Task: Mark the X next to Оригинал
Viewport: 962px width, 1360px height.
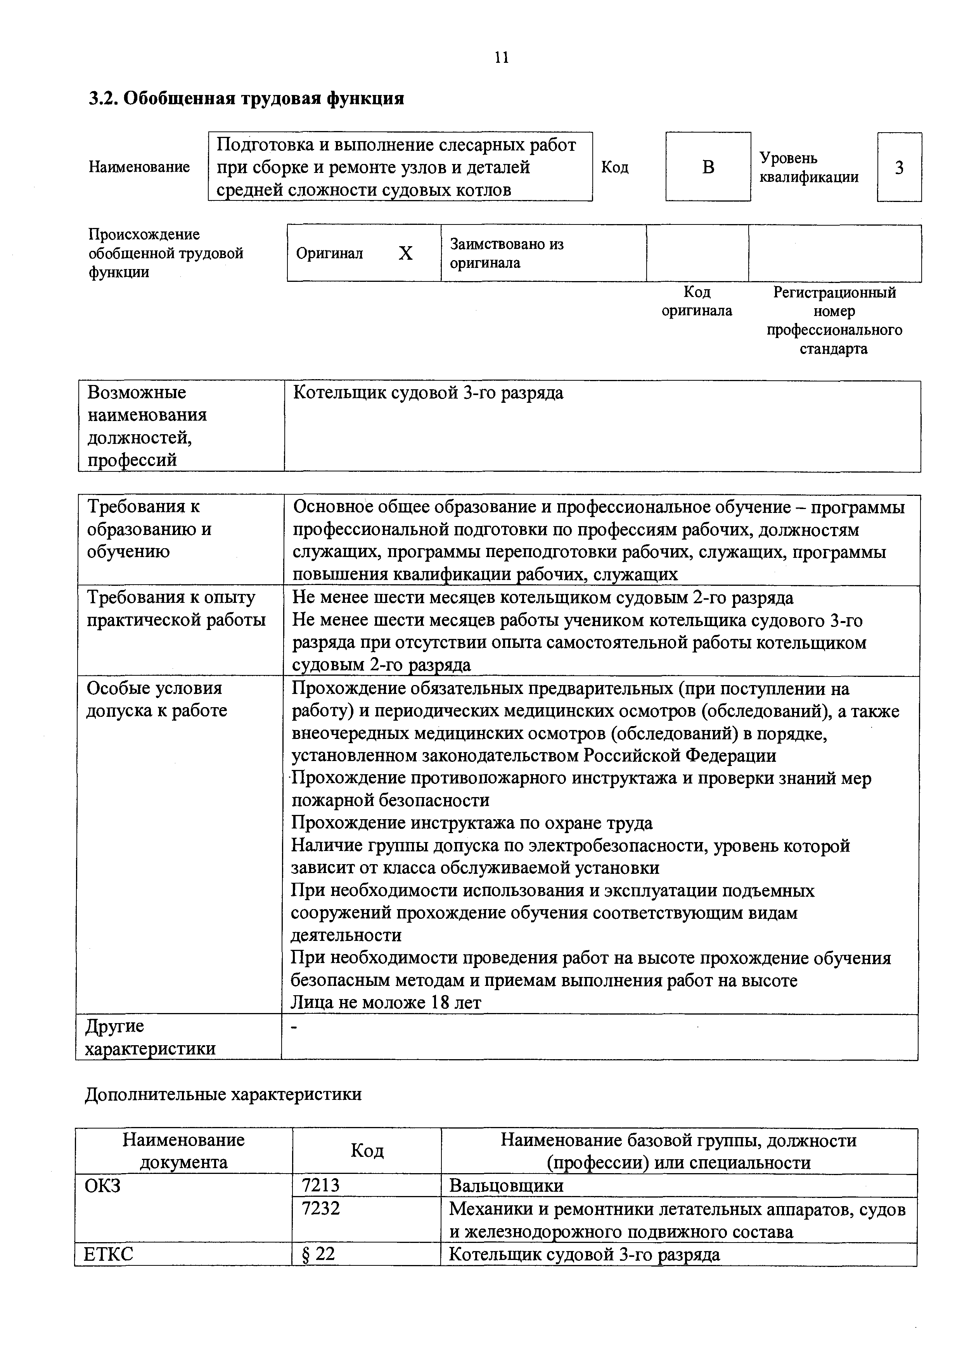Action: point(405,254)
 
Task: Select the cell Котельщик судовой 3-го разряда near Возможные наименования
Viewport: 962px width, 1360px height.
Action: point(428,394)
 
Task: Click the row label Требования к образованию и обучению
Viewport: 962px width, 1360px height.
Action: point(149,529)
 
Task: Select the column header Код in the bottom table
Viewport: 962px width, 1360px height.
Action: point(367,1150)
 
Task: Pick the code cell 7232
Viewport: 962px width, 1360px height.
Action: point(321,1208)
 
